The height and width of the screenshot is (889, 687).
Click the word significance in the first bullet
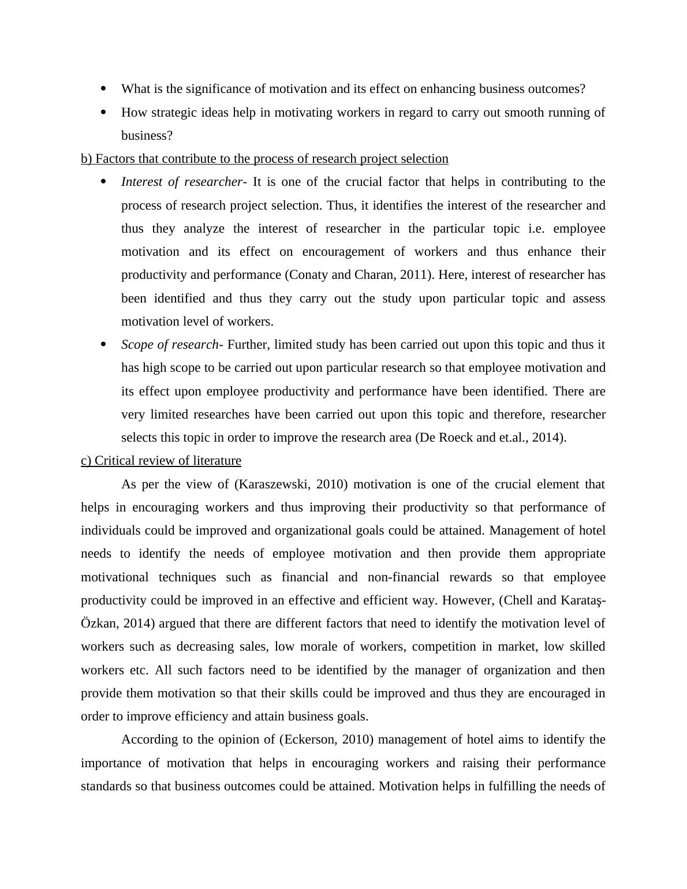[199, 89]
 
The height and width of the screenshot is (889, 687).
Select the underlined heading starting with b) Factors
[264, 159]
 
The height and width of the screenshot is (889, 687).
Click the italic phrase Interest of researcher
[182, 182]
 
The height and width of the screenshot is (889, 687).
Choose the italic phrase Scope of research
[170, 345]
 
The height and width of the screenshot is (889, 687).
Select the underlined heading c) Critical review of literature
[161, 461]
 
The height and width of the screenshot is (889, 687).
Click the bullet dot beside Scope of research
[104, 345]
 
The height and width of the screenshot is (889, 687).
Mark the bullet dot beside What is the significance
[104, 89]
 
